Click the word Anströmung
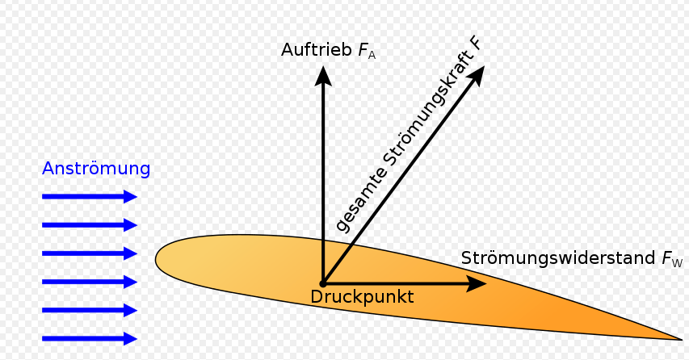96,169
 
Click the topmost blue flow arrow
90,197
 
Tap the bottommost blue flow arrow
90,338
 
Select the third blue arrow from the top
90,253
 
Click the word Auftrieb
317,49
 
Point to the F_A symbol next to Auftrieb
367,51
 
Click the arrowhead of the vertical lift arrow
323,76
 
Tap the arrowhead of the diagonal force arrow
476,76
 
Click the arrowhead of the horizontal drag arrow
477,283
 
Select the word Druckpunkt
362,297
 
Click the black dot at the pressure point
323,284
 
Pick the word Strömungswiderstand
558,258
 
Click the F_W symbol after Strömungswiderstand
672,259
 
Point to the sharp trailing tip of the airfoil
682,339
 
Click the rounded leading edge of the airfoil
157,259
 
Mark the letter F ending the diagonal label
476,44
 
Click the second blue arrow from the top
90,225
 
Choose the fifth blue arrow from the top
90,310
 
